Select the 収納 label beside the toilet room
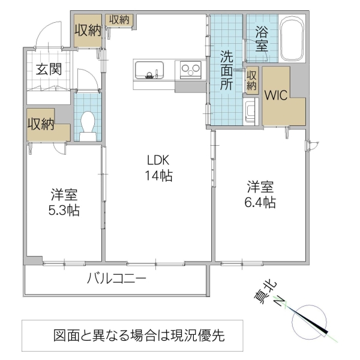(x=41, y=124)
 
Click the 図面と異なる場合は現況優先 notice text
(x=139, y=335)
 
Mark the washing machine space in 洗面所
(x=251, y=111)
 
